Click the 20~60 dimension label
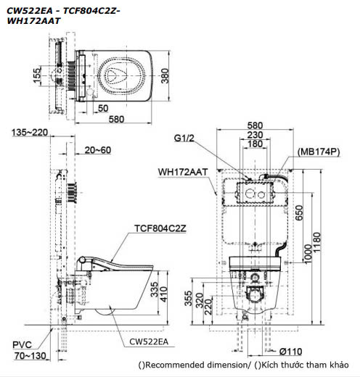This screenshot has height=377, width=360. pyautogui.click(x=98, y=150)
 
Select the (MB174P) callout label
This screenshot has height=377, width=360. pyautogui.click(x=318, y=153)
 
